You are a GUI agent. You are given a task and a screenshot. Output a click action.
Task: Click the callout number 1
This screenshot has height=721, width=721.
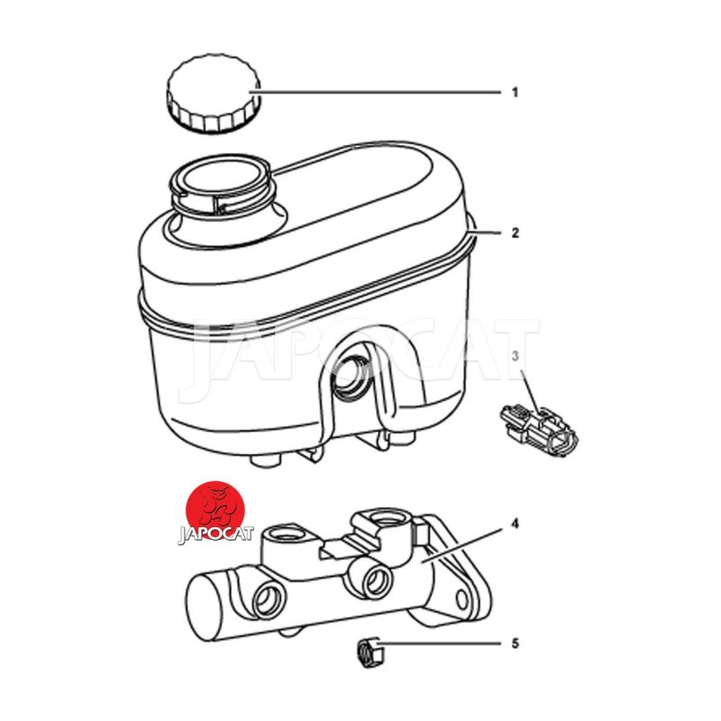(515, 93)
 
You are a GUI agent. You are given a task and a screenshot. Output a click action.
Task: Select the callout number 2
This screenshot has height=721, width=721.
(515, 233)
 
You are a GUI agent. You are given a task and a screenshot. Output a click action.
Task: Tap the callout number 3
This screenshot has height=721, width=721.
(515, 355)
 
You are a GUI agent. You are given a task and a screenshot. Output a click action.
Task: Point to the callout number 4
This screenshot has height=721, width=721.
(515, 524)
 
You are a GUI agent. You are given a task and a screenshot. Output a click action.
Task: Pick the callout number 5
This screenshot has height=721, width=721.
(515, 643)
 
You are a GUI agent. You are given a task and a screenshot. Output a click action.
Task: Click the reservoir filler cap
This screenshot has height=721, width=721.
(214, 94)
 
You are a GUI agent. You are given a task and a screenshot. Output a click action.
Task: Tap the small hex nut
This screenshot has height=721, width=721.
(368, 653)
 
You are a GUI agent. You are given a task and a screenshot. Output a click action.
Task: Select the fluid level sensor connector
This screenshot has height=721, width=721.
(539, 430)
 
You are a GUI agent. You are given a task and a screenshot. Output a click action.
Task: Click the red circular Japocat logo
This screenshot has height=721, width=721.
(214, 510)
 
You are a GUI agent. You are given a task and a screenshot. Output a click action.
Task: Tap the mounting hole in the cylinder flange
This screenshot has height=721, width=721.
(462, 599)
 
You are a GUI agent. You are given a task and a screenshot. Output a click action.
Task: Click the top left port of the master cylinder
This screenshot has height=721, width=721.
(286, 534)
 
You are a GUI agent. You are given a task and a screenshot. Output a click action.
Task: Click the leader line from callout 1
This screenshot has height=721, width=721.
(375, 93)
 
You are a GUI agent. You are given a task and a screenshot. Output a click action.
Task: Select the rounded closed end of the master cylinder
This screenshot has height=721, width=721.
(201, 607)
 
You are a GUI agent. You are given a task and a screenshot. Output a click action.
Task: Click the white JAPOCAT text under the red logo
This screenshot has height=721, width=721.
(215, 534)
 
